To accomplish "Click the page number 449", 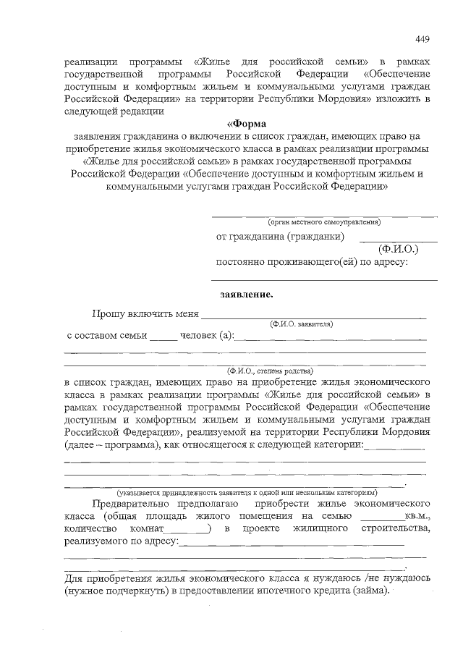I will click(423, 38).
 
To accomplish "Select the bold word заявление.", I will click(247, 295).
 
